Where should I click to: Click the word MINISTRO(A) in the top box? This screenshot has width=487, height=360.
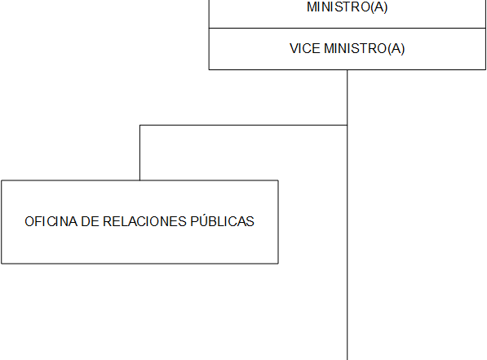348,7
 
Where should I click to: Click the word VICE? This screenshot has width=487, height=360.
305,48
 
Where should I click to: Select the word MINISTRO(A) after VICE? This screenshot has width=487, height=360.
365,49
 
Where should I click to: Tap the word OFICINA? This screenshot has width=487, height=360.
51,222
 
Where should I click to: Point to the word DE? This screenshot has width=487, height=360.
90,222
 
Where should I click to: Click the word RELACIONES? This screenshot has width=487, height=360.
144,222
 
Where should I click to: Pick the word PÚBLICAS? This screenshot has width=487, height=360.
222,220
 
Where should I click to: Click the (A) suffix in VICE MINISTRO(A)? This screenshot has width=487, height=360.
396,49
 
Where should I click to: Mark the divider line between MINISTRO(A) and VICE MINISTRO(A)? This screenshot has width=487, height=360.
348,29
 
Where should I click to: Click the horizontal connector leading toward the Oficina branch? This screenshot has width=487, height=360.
243,125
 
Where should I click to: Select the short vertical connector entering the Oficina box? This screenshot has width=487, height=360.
139,153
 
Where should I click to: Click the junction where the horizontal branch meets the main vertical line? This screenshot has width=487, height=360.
348,125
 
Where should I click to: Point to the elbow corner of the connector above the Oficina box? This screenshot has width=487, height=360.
139,125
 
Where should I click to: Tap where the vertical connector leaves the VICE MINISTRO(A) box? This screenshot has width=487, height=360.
348,70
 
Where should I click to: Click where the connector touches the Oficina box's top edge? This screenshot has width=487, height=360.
139,180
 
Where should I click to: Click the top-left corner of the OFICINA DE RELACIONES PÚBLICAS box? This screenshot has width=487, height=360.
2,180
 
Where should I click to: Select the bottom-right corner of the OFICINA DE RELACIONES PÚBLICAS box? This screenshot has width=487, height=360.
278,264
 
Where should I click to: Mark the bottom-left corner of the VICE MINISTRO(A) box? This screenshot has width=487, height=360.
209,69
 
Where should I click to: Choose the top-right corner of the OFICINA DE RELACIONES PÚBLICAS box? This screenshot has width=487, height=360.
278,180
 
